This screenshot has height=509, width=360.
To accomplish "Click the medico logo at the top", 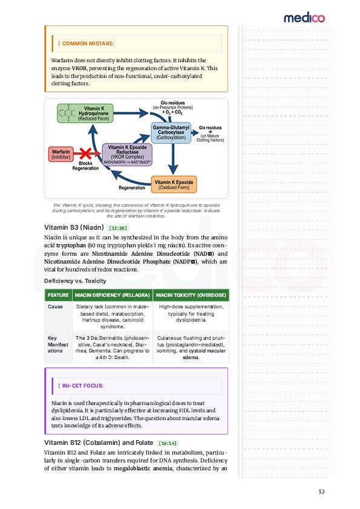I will (x=304, y=18).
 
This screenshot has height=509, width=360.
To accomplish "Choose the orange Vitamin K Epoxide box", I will (x=174, y=184).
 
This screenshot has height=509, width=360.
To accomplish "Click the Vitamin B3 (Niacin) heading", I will (x=74, y=227).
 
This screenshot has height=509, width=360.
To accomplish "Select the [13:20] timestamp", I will (x=117, y=228).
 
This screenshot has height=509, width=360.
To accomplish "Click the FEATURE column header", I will (x=58, y=295).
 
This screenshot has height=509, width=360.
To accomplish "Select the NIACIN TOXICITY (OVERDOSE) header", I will (x=191, y=295).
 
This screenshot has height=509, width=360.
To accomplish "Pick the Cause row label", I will (x=55, y=307).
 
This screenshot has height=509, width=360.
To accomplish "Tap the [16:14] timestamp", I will (x=168, y=443).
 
